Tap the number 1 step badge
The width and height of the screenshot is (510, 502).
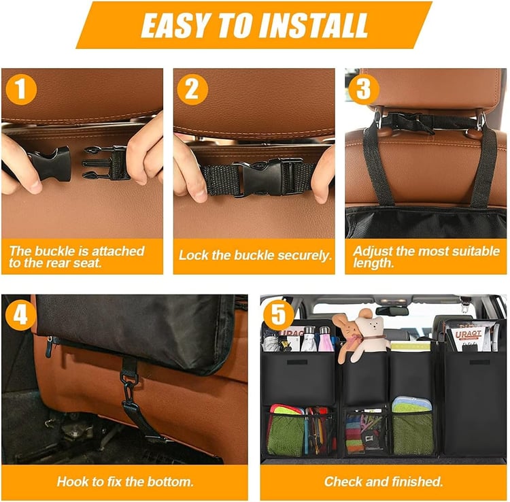click(21, 89)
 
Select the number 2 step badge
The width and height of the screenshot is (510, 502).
click(192, 89)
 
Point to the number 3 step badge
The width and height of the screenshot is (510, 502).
click(364, 89)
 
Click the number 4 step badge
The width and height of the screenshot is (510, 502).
click(20, 315)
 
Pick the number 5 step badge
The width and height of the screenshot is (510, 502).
click(278, 315)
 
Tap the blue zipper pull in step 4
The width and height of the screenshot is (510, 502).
click(49, 347)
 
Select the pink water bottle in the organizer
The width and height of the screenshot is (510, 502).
click(326, 339)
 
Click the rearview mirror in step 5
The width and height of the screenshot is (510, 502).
click(392, 310)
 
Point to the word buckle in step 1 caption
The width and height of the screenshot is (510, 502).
click(54, 251)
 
